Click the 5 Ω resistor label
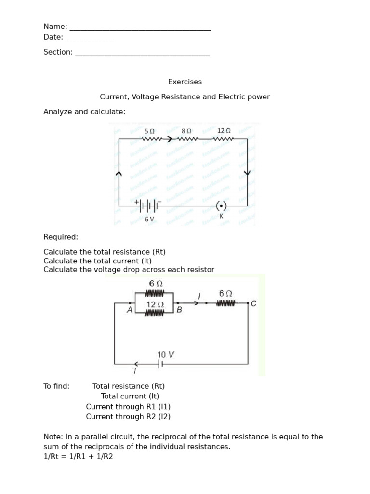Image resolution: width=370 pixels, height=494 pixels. tap(149, 131)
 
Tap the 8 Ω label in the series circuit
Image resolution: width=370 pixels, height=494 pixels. tap(186, 131)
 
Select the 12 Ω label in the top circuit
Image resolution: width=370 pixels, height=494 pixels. tap(224, 131)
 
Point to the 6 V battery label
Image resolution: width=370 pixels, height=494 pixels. tap(149, 219)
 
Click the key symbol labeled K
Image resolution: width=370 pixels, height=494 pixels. tap(221, 206)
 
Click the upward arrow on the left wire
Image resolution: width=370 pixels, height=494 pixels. tap(119, 173)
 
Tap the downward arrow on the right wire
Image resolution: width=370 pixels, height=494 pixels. tap(248, 172)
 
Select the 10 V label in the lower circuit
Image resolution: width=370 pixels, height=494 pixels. tap(165, 355)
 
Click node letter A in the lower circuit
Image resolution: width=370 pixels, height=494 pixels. tap(129, 310)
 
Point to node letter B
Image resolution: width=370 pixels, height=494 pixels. tap(179, 310)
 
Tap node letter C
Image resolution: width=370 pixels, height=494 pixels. tap(254, 303)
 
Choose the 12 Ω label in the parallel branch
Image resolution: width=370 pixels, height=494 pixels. tap(155, 305)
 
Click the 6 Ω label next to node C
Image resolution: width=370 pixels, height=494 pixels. tap(225, 293)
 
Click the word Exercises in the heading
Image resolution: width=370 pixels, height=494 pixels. tap(185, 82)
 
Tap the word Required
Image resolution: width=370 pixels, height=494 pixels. tap(61, 237)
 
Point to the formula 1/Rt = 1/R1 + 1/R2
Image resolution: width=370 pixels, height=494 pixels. tap(78, 456)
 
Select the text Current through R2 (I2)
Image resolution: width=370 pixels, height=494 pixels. tap(128, 417)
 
